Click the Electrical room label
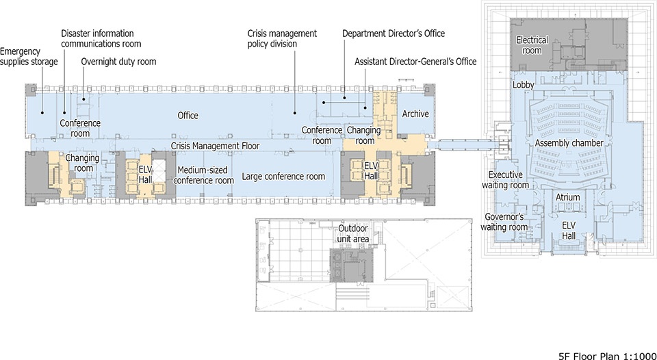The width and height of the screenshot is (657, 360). [532, 45]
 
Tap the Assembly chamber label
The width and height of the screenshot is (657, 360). [569, 143]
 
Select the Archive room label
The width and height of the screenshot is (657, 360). [415, 114]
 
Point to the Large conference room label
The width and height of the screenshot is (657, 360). [283, 177]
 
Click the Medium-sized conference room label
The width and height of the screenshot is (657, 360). [203, 175]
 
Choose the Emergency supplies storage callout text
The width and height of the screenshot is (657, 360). [29, 57]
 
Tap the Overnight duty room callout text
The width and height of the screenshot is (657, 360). [118, 62]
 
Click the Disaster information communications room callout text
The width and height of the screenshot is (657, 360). [101, 38]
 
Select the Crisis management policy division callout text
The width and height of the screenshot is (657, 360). [282, 38]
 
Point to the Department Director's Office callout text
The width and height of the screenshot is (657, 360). [394, 33]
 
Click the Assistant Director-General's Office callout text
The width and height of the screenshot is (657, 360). [415, 62]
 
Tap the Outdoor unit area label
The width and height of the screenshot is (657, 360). [354, 233]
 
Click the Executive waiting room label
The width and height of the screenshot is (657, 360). [505, 179]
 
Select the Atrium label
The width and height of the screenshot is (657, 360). [568, 197]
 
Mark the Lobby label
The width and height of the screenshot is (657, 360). [524, 85]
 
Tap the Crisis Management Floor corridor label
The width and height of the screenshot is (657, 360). [215, 146]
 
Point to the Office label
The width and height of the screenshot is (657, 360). [188, 115]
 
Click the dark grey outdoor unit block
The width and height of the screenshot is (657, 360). [351, 266]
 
